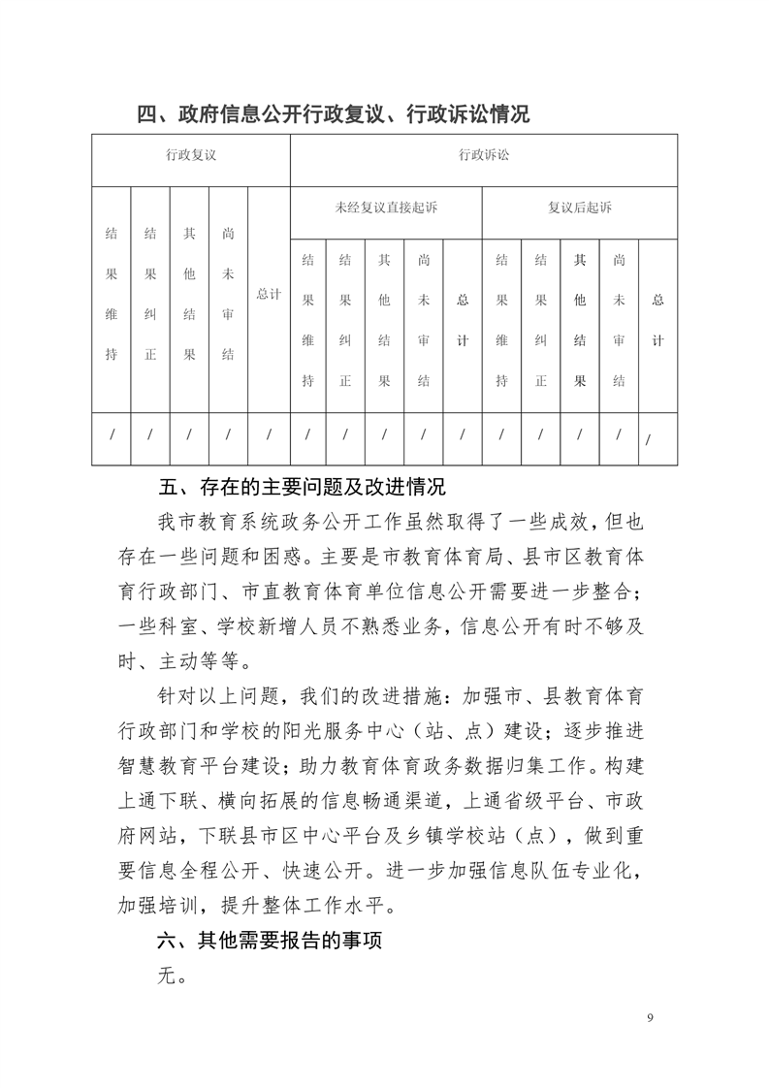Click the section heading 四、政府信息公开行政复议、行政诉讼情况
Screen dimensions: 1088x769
[333, 114]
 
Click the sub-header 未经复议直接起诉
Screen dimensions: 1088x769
[385, 208]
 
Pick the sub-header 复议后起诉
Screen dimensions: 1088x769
[580, 208]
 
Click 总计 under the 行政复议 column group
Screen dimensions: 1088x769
[269, 294]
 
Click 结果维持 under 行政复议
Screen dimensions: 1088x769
[112, 294]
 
